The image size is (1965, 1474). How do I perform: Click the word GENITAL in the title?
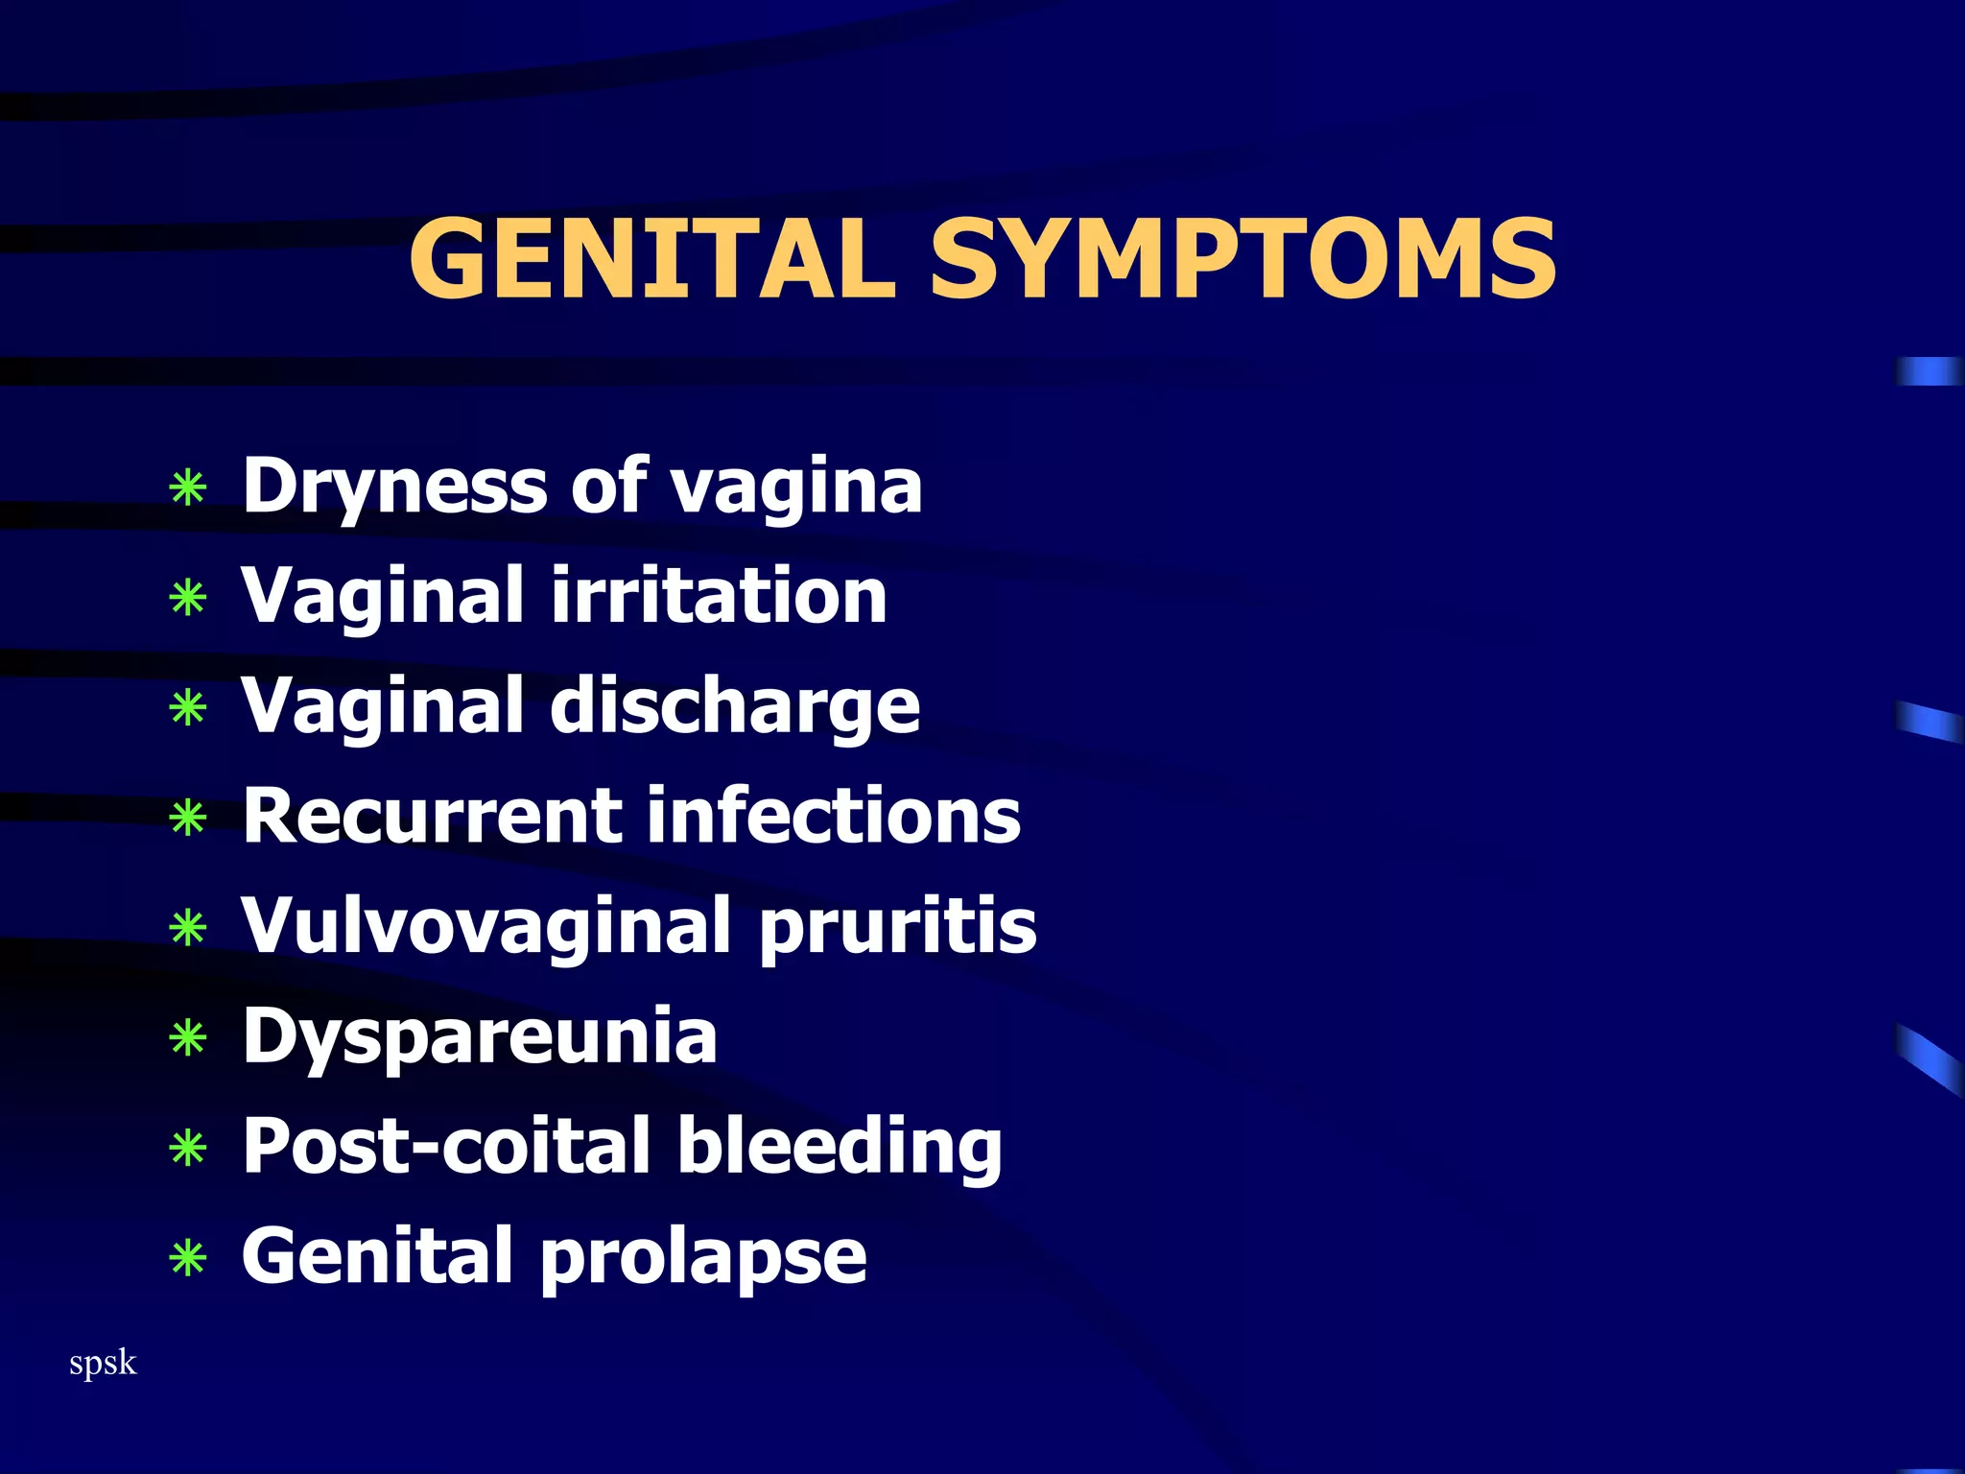[x=651, y=257]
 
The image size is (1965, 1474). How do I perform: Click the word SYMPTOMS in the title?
[x=1243, y=257]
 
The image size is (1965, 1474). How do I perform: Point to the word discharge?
[x=735, y=706]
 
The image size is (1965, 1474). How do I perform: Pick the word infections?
[x=834, y=816]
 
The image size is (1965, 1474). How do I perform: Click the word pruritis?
[x=898, y=926]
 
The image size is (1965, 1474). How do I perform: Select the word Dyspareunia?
[x=480, y=1036]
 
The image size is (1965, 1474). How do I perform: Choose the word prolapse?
[x=704, y=1257]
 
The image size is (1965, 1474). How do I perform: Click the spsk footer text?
[x=103, y=1363]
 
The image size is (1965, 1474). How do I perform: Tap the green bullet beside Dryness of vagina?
[x=188, y=487]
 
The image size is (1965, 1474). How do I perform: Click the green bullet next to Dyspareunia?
[x=188, y=1038]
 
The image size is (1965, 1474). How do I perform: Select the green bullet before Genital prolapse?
[x=188, y=1258]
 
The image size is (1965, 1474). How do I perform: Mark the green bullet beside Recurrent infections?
[x=188, y=819]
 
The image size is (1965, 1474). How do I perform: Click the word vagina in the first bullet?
[x=796, y=487]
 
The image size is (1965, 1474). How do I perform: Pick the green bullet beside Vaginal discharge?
[x=188, y=708]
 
